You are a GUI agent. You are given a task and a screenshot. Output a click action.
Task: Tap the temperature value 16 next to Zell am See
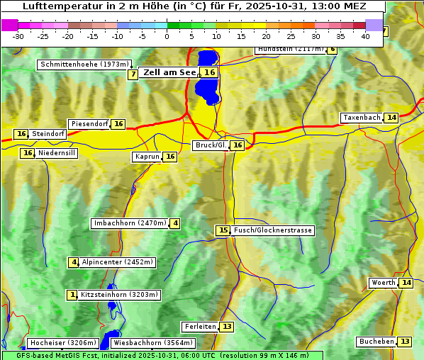tap(209, 72)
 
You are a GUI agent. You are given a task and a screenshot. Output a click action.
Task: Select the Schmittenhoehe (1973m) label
tap(84, 64)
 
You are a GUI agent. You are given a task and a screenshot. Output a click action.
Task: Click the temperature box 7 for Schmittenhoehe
tap(133, 74)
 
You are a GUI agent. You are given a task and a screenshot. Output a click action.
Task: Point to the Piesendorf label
tap(89, 124)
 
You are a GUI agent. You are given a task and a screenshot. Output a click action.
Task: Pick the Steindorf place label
tap(49, 134)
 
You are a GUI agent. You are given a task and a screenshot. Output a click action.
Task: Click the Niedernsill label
tap(57, 153)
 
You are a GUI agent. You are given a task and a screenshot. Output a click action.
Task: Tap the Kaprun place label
tap(147, 157)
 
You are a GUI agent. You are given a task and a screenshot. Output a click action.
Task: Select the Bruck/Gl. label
tap(211, 145)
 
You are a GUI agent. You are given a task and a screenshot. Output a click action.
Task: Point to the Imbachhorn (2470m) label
tap(130, 224)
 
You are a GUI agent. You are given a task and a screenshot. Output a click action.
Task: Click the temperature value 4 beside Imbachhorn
tap(175, 224)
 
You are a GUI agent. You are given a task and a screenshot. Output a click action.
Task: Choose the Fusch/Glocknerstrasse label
tap(273, 230)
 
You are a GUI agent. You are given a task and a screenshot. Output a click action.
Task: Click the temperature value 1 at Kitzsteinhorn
tap(72, 295)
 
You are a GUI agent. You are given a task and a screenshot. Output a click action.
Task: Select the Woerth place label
tap(383, 283)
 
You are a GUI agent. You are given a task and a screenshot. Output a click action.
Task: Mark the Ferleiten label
tap(199, 327)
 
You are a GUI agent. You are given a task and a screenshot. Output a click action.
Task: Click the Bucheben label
tap(376, 342)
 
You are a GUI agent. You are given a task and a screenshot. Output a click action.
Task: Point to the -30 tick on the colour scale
tap(18, 36)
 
